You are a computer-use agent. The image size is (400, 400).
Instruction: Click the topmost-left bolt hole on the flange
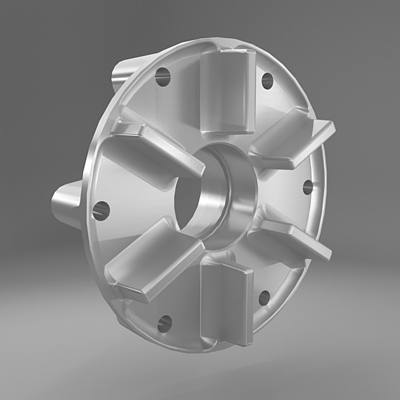click(x=162, y=77)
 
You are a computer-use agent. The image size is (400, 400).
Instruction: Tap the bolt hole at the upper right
click(x=267, y=81)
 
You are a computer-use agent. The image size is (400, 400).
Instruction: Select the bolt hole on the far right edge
click(x=308, y=187)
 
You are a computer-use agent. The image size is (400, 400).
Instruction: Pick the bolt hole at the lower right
click(x=264, y=298)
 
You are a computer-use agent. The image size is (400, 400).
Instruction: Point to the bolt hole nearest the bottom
click(x=164, y=323)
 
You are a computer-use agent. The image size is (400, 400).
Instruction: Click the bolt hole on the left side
click(x=101, y=211)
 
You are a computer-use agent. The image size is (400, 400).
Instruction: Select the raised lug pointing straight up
click(x=227, y=92)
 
